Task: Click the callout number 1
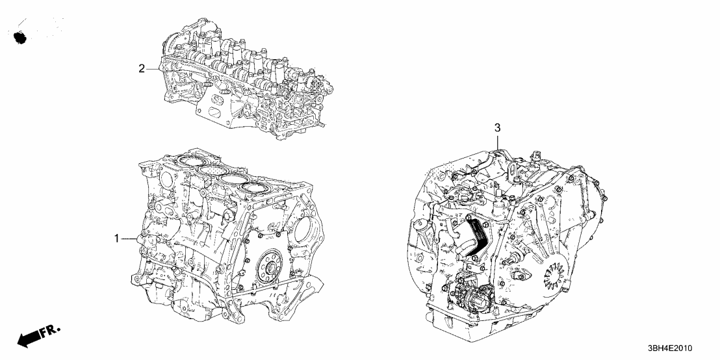(x=117, y=239)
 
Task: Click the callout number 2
(x=140, y=68)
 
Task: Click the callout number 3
(x=497, y=128)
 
